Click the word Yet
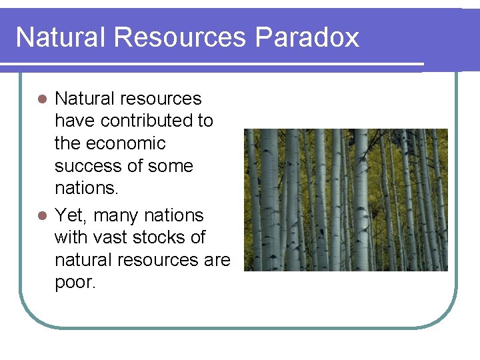point(69,215)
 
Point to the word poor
point(75,283)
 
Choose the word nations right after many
point(174,215)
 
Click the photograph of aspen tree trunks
point(345,200)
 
